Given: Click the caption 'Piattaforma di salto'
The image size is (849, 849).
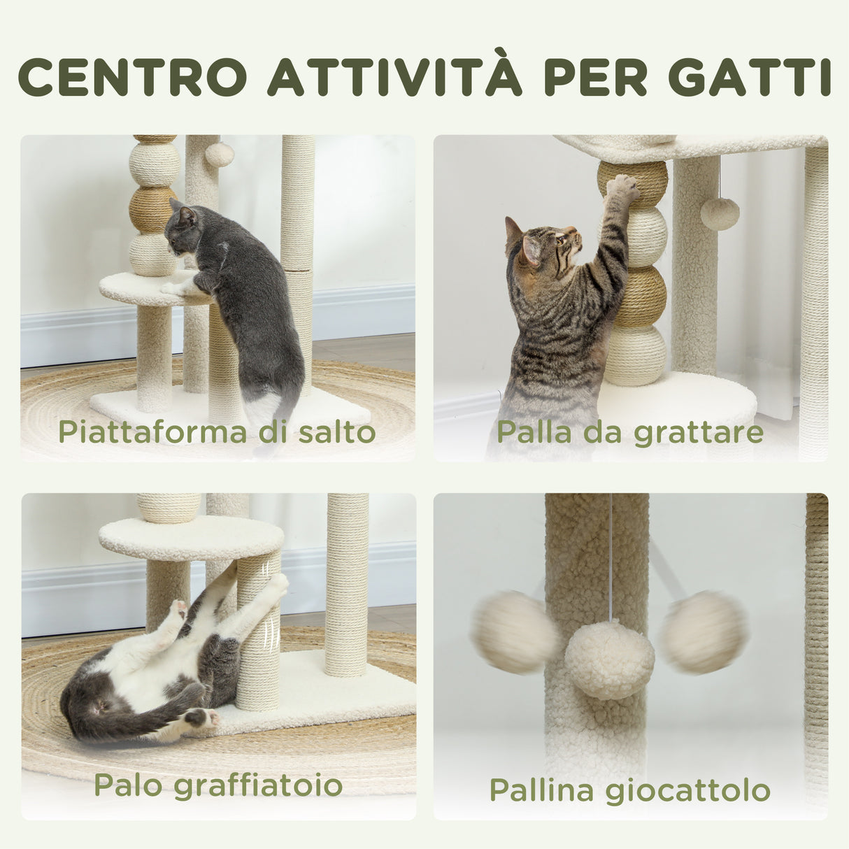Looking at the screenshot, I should (x=217, y=431).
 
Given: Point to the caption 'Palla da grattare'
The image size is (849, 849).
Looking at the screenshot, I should (x=629, y=431).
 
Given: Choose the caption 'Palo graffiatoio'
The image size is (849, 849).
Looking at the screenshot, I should (x=218, y=785).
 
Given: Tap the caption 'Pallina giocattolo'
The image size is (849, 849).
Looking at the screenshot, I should (x=629, y=790).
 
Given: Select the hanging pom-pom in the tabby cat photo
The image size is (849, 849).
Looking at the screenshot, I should (x=720, y=213).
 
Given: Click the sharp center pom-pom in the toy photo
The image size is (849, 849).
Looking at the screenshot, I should (x=609, y=659).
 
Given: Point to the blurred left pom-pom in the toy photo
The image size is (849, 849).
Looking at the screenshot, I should (x=514, y=632).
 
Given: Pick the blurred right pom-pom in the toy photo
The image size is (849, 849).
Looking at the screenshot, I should (x=704, y=632).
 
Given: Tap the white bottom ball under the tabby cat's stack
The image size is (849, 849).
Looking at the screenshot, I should (x=635, y=355).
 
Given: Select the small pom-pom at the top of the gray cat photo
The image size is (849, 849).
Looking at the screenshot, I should (x=219, y=155).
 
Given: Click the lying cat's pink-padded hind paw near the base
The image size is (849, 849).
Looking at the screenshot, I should (x=201, y=717).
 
